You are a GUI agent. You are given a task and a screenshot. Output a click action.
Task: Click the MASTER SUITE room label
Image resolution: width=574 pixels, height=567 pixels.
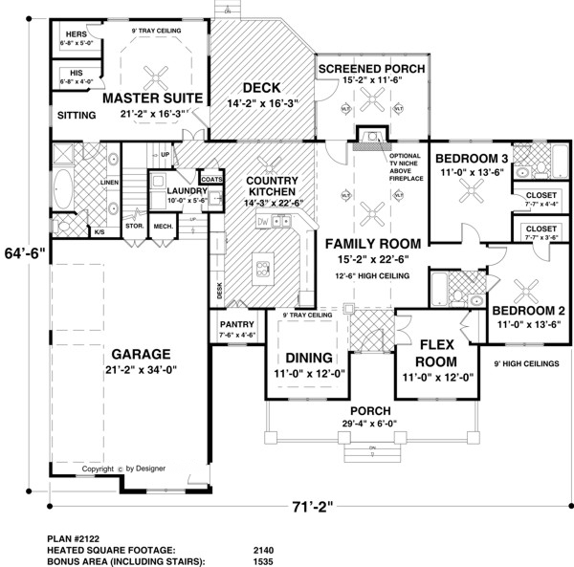tap(152, 98)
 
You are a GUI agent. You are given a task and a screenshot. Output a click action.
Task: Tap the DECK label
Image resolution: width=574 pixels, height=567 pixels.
tap(260, 87)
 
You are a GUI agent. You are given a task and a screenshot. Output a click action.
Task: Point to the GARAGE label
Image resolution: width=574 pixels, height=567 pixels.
tap(142, 354)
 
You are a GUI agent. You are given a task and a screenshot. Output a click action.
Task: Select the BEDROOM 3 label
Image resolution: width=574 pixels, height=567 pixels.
tap(469, 159)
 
